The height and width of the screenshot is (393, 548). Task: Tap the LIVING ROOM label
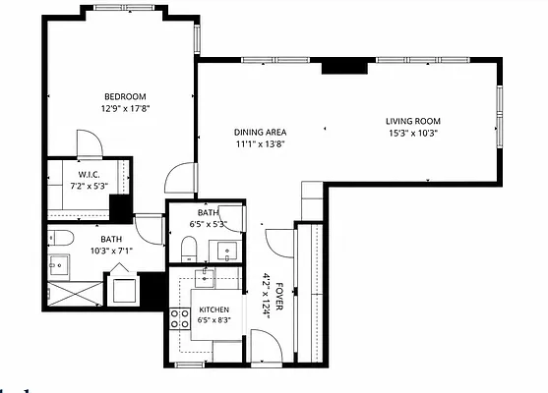[413, 121]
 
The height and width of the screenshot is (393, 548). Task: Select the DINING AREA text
[260, 133]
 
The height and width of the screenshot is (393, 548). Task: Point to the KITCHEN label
[213, 309]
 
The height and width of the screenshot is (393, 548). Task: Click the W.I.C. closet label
[89, 174]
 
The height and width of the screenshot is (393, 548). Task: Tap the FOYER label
[279, 297]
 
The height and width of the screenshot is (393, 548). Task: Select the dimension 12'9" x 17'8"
[126, 108]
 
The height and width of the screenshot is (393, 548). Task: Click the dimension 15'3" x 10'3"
[413, 133]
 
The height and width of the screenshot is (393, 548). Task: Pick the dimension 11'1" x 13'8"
[261, 144]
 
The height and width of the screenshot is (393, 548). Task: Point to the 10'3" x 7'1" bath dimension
[111, 251]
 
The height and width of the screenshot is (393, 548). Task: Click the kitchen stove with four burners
[180, 319]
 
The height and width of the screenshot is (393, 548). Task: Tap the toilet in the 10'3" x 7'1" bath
[61, 238]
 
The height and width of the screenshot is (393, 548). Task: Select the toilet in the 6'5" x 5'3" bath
[189, 249]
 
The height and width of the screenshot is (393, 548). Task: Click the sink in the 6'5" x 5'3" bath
[226, 251]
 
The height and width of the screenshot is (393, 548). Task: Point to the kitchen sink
[205, 278]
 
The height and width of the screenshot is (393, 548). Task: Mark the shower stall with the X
[75, 294]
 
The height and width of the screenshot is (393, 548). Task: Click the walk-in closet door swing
[90, 143]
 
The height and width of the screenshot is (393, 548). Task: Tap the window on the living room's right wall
[500, 116]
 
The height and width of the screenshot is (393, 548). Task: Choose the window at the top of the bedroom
[124, 8]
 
